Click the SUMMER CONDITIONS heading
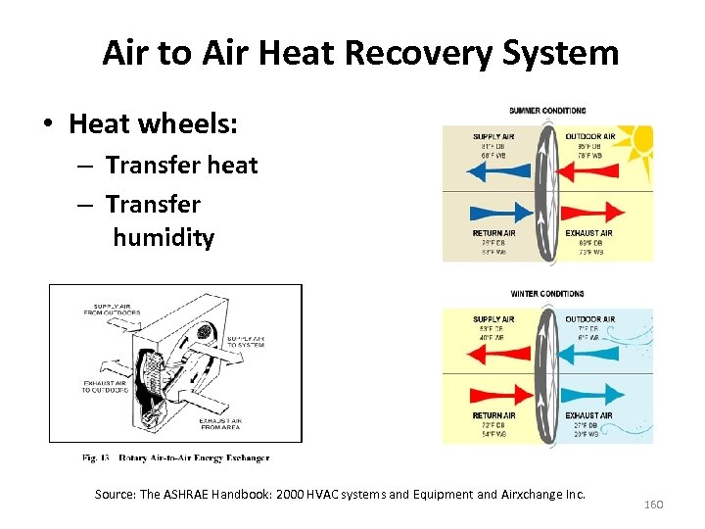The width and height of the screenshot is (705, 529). tap(547, 111)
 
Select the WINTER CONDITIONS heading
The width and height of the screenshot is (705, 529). tap(547, 294)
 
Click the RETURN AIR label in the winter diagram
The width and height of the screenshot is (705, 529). tap(494, 416)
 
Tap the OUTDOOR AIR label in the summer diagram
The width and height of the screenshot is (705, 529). tap(589, 136)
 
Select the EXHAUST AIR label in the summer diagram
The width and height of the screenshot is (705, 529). tap(588, 233)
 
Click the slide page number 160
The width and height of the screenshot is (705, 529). tap(653, 504)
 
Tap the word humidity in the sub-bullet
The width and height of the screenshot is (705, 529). tap(163, 238)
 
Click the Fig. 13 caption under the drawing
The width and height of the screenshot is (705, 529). tap(176, 457)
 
